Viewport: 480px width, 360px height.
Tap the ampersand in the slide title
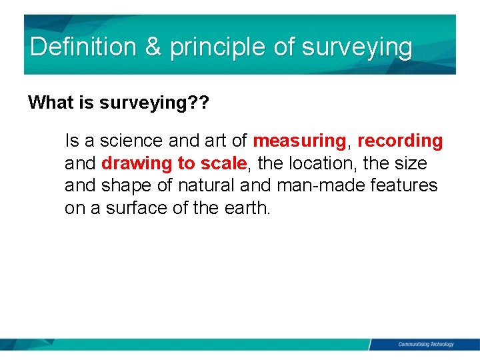[153, 47]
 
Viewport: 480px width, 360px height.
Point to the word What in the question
[49, 103]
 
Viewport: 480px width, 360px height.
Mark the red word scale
[223, 163]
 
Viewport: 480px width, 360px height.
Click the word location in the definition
[323, 163]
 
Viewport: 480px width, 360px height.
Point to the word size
[411, 163]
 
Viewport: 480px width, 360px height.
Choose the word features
[403, 185]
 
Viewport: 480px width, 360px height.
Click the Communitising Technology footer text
[425, 344]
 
